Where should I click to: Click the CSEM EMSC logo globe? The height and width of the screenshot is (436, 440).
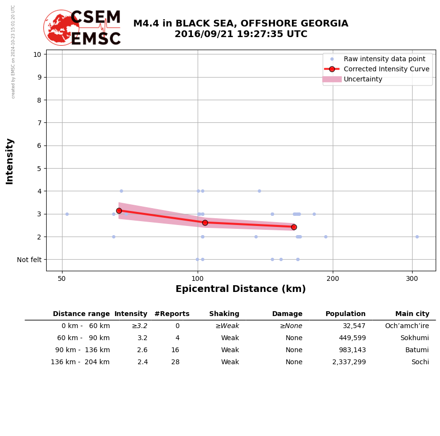click(61, 27)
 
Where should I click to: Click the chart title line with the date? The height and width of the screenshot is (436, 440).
click(240, 34)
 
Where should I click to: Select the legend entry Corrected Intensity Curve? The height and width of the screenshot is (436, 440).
click(386, 69)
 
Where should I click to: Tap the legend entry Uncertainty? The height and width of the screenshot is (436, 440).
click(363, 79)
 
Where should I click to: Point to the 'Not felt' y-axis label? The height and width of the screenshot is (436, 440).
click(29, 260)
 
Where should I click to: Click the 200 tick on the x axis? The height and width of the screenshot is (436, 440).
click(333, 278)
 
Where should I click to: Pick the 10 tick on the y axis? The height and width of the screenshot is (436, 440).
click(37, 54)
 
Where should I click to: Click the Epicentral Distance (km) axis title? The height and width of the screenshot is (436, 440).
click(240, 289)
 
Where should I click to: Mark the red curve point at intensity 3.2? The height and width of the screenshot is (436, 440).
click(119, 211)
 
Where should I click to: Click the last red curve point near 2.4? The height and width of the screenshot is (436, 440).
click(294, 227)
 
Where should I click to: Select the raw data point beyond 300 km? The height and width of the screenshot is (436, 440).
click(417, 237)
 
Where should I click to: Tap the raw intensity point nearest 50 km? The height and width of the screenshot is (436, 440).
click(67, 214)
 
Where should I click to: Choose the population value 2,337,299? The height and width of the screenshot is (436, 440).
click(349, 362)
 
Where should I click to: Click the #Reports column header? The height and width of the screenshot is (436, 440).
click(172, 314)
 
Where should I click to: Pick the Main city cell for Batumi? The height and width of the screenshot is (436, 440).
click(417, 350)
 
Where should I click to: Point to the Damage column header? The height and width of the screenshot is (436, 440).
click(287, 314)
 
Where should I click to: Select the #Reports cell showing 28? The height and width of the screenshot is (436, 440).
click(175, 362)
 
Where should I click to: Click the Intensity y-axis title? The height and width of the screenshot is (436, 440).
click(10, 161)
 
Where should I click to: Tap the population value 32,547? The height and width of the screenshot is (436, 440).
click(354, 326)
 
